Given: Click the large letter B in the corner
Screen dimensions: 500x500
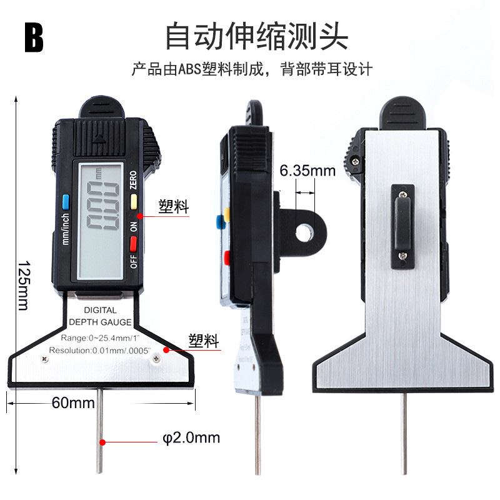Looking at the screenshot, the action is (x=34, y=37).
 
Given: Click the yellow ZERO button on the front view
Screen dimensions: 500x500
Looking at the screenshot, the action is (x=132, y=201).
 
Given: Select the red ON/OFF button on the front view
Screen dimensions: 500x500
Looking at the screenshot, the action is (x=133, y=242).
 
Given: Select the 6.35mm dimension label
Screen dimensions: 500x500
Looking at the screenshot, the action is (x=307, y=171).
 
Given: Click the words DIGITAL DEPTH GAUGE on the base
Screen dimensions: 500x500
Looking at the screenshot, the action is (x=100, y=316).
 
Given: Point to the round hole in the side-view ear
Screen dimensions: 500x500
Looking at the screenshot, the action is (x=304, y=233).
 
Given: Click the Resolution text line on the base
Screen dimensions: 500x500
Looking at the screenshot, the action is (x=100, y=351).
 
